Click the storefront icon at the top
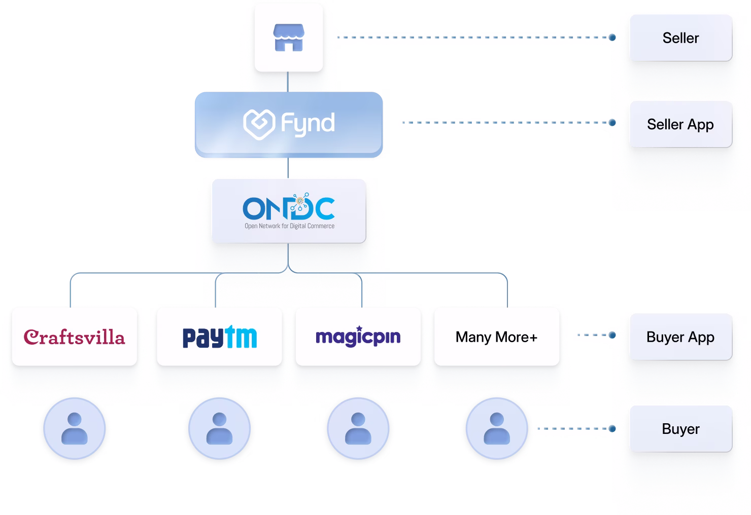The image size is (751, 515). [x=288, y=38]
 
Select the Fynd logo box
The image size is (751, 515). [x=288, y=124]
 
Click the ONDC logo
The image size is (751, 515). [x=288, y=208]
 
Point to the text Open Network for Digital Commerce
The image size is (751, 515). [x=289, y=226]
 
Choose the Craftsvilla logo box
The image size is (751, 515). [x=75, y=337]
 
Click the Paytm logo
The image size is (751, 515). [x=219, y=337]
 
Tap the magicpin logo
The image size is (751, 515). [x=358, y=337]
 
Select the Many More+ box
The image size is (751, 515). [x=496, y=337]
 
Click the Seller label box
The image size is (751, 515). [x=680, y=38]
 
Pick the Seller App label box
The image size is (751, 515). [x=680, y=124]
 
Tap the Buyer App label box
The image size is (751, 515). [x=680, y=337]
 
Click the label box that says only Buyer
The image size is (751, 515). [x=680, y=429]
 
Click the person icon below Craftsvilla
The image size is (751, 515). [x=75, y=429]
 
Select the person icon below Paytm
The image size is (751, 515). [x=219, y=429]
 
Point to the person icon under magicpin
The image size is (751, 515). [x=358, y=429]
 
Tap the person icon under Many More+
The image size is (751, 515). [x=497, y=429]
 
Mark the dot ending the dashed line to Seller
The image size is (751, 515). [x=612, y=38]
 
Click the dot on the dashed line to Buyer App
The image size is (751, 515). [x=612, y=335]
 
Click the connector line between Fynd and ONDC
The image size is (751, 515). [x=288, y=167]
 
